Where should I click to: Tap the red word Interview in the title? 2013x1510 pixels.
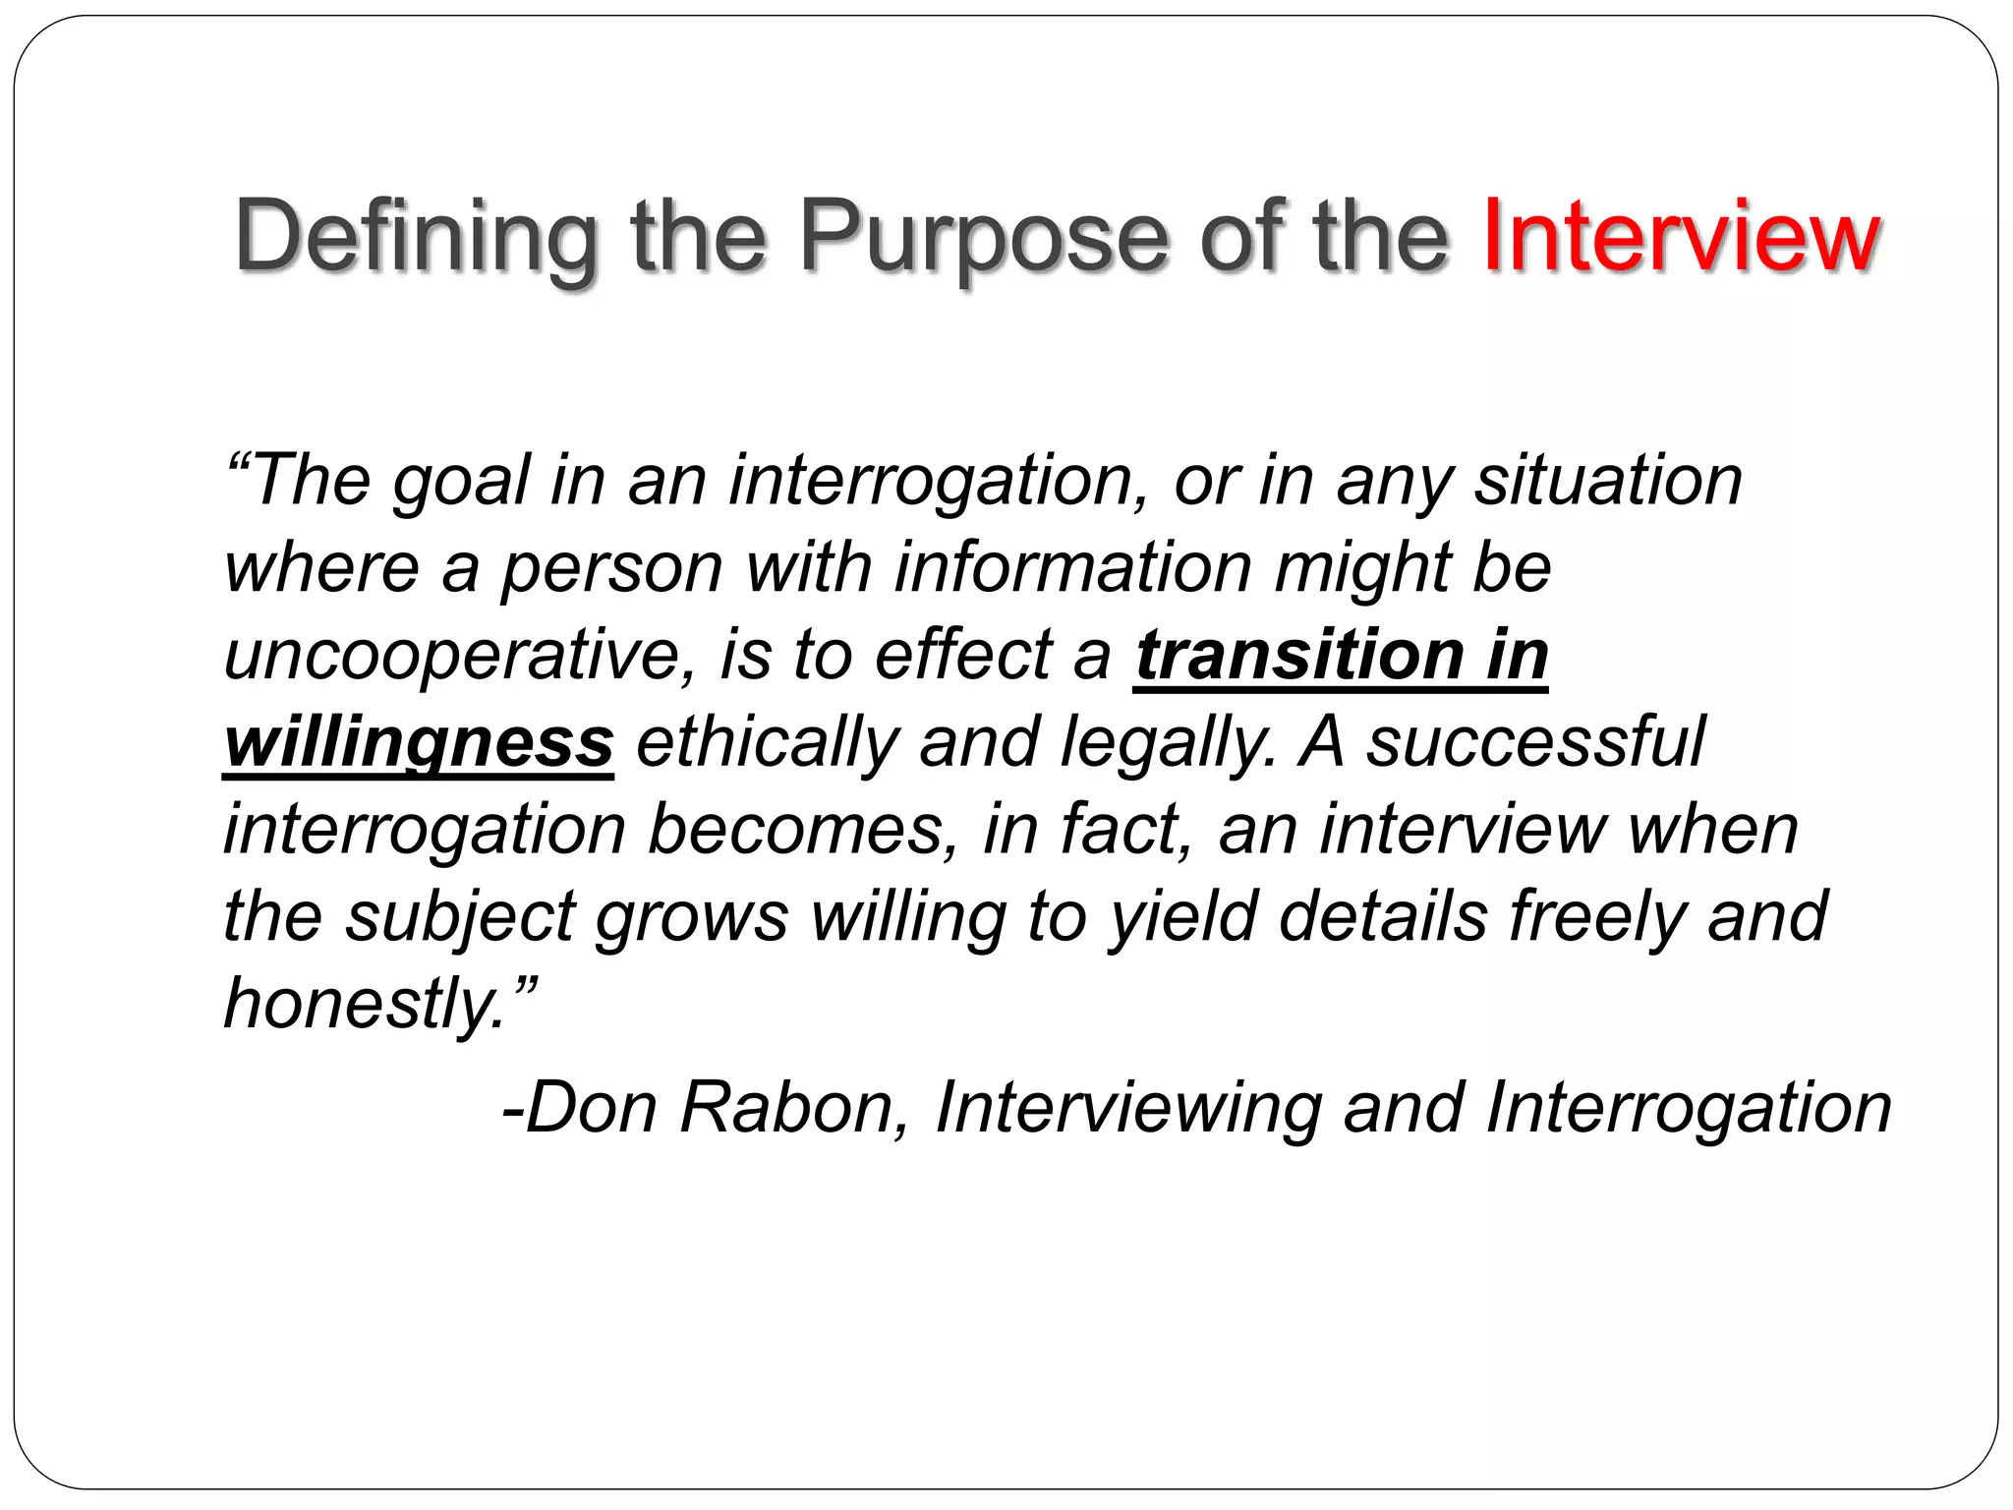[1682, 237]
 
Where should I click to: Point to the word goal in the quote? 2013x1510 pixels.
[461, 482]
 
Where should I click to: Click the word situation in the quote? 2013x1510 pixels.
[1608, 482]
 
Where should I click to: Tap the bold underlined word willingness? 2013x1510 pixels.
[419, 743]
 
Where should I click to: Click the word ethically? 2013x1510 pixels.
[767, 743]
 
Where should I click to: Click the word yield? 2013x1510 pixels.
[1183, 917]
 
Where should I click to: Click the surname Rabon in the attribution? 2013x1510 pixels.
[786, 1109]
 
